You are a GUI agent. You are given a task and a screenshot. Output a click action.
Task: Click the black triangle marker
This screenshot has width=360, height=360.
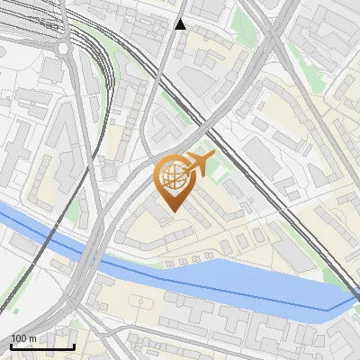pos(181,24)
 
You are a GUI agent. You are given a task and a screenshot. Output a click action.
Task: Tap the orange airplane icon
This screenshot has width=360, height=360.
pos(199,165)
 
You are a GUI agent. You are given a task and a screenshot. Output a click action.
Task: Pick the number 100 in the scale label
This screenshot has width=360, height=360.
pos(19,338)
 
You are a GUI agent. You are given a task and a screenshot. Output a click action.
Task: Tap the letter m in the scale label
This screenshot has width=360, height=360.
pos(32,338)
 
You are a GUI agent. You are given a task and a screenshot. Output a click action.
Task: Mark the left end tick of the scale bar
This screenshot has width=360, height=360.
pos(11,346)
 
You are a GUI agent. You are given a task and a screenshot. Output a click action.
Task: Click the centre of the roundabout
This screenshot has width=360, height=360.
pos(64,48)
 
